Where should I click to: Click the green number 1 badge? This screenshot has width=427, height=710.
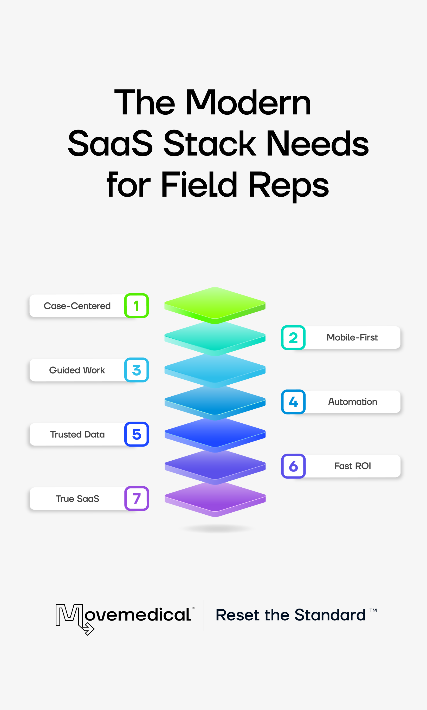pos(136,306)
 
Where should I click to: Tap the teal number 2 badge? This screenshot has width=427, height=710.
pos(293,338)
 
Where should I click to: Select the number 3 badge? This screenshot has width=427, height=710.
pos(136,370)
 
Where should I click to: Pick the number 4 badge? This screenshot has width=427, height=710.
pos(293,402)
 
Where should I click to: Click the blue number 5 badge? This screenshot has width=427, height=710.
pos(136,434)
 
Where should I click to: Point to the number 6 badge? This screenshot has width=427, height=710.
pos(293,466)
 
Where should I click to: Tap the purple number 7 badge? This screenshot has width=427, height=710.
pos(136,498)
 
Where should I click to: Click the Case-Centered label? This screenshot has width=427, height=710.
pos(77,306)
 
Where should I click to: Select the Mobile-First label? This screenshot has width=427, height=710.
pos(352,338)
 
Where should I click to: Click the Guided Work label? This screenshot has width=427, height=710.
pos(77,370)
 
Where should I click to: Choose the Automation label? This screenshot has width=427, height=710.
pos(352,402)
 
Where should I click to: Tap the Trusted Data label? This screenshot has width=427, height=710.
pos(77,434)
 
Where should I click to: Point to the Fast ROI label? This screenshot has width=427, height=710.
pos(352,466)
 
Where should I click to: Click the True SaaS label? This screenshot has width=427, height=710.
pos(77,499)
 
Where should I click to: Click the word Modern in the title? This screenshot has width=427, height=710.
pos(248,103)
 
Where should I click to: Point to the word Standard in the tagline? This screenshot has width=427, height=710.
pos(330,615)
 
